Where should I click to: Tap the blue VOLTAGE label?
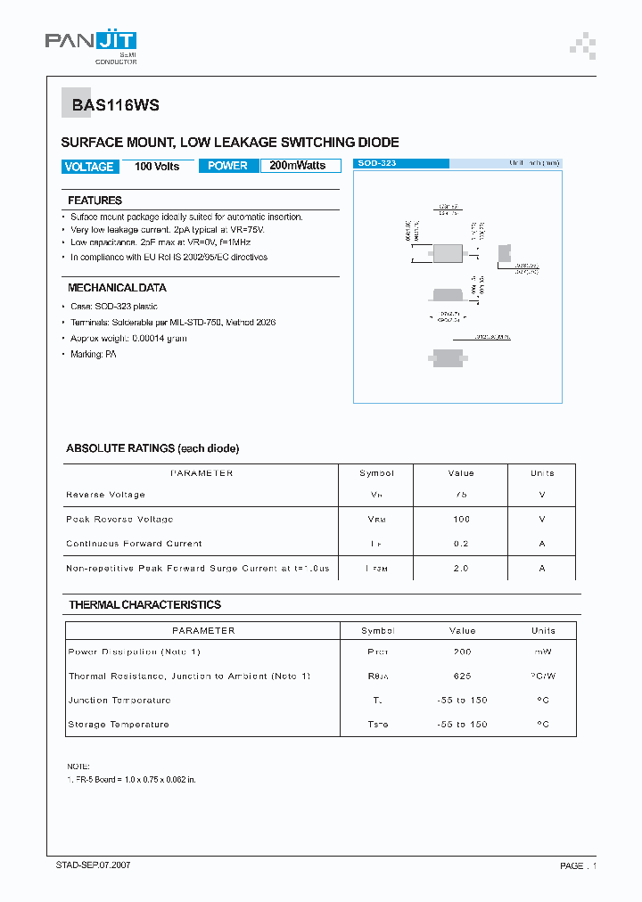pyautogui.click(x=89, y=167)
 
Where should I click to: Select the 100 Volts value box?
pyautogui.click(x=157, y=167)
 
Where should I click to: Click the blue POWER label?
pyautogui.click(x=227, y=166)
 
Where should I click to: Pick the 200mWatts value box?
pyautogui.click(x=299, y=166)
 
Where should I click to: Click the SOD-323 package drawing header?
pyautogui.click(x=401, y=164)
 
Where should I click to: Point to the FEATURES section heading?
pyautogui.click(x=95, y=201)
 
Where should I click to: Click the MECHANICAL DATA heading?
pyautogui.click(x=117, y=288)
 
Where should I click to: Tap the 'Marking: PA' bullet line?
pyautogui.click(x=94, y=355)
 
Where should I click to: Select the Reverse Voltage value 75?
pyautogui.click(x=461, y=495)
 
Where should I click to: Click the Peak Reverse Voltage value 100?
pyautogui.click(x=461, y=519)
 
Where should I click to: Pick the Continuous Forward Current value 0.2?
pyautogui.click(x=461, y=544)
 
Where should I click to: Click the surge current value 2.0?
pyautogui.click(x=461, y=569)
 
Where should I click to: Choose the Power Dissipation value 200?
pyautogui.click(x=462, y=652)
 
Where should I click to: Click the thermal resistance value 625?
pyautogui.click(x=462, y=676)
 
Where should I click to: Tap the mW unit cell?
pyautogui.click(x=543, y=652)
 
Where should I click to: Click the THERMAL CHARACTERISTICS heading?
pyautogui.click(x=144, y=605)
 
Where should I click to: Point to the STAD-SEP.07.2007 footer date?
pyautogui.click(x=93, y=865)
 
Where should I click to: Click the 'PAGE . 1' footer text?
pyautogui.click(x=578, y=865)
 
